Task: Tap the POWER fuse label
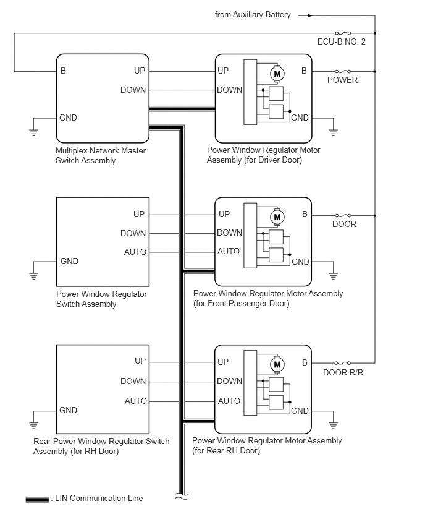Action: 342,80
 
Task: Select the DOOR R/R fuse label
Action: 343,372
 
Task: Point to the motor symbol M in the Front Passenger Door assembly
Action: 277,217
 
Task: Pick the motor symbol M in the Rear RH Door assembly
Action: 277,365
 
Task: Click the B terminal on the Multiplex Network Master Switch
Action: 63,71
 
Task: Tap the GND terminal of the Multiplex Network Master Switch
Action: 68,118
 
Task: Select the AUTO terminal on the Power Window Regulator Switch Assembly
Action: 135,252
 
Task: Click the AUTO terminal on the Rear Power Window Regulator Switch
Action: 136,401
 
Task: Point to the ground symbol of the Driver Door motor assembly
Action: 333,132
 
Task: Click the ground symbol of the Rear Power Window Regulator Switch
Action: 33,425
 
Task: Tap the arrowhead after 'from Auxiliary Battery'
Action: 310,15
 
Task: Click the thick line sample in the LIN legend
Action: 37,499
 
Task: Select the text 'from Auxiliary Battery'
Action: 253,15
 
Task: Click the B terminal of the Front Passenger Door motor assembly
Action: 305,215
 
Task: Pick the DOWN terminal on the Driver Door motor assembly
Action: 229,90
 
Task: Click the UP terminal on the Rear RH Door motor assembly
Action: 224,362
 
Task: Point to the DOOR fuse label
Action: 344,224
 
